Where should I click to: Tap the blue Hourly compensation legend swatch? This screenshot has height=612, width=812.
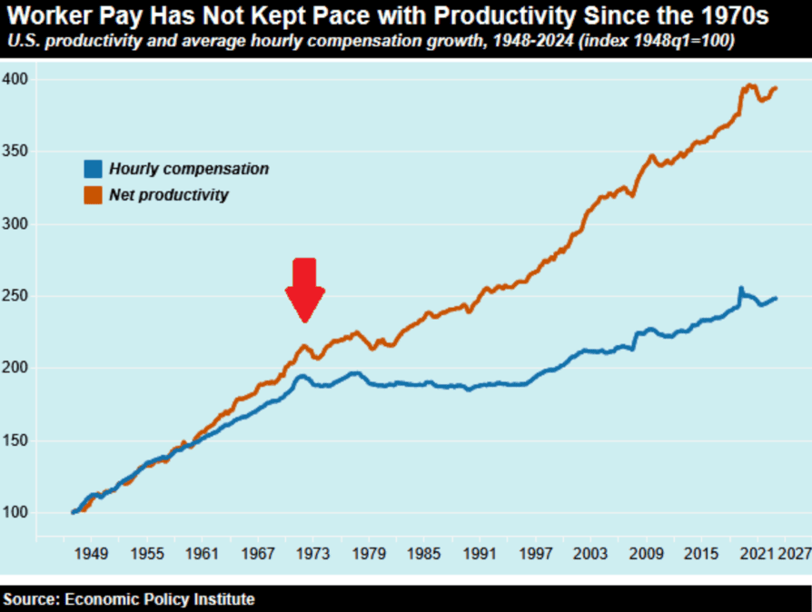(x=93, y=168)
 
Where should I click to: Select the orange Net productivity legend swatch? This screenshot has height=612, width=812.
(x=93, y=194)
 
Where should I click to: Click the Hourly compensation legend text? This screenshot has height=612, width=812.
(x=189, y=168)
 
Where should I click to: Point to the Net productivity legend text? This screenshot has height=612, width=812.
(x=169, y=194)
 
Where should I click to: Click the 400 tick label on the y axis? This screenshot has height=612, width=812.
(x=19, y=80)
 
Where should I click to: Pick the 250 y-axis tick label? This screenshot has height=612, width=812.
(x=19, y=296)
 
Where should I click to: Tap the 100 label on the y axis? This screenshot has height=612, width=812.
(x=19, y=513)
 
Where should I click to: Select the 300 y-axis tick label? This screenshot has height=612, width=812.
(x=19, y=224)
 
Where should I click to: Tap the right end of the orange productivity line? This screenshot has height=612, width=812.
(x=776, y=88)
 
